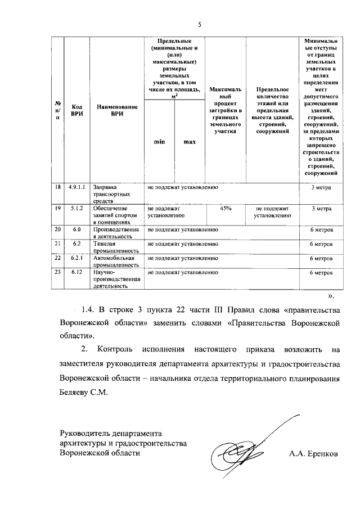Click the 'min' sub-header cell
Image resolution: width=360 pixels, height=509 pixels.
coord(159,142)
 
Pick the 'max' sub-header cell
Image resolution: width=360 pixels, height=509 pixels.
coord(190,142)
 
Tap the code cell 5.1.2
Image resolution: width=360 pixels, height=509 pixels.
coord(76,208)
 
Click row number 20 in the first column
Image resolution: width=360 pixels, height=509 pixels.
coord(57,229)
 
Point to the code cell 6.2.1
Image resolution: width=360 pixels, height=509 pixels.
coord(76,258)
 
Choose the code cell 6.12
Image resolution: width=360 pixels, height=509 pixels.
coord(76,272)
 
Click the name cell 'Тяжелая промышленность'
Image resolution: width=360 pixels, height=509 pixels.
coord(115,247)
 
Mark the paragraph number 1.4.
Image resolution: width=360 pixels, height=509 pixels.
coord(88,310)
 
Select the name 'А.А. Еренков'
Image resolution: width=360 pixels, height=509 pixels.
coord(314,453)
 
